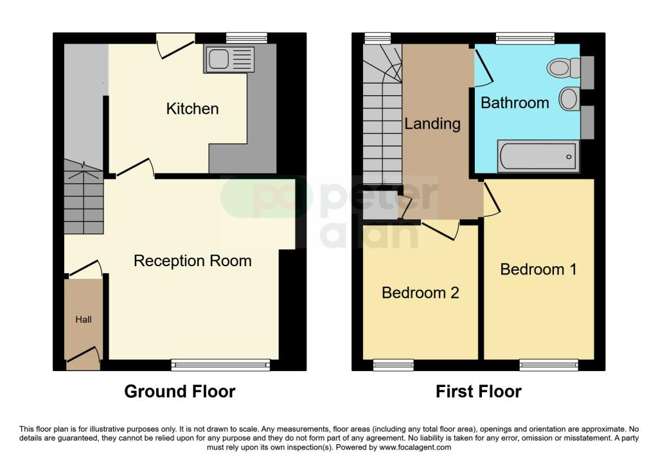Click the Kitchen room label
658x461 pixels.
tap(192, 109)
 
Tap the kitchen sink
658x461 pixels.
tap(229, 60)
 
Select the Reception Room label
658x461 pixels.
tap(193, 261)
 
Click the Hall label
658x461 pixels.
tap(84, 320)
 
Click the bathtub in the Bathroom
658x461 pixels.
tap(538, 157)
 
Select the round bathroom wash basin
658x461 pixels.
tap(569, 99)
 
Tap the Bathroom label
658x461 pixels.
tap(515, 103)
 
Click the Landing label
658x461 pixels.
tap(432, 124)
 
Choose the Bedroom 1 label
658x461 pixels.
tap(538, 269)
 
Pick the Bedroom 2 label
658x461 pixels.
tap(420, 293)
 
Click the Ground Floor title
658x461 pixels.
tap(180, 392)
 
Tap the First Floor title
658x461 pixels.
tap(478, 392)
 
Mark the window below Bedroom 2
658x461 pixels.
tap(394, 365)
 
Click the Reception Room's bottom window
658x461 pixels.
tap(220, 365)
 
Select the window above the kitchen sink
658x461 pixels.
tap(247, 38)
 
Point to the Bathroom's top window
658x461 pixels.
tap(525, 38)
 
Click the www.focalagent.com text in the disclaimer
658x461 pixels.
tap(415, 447)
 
